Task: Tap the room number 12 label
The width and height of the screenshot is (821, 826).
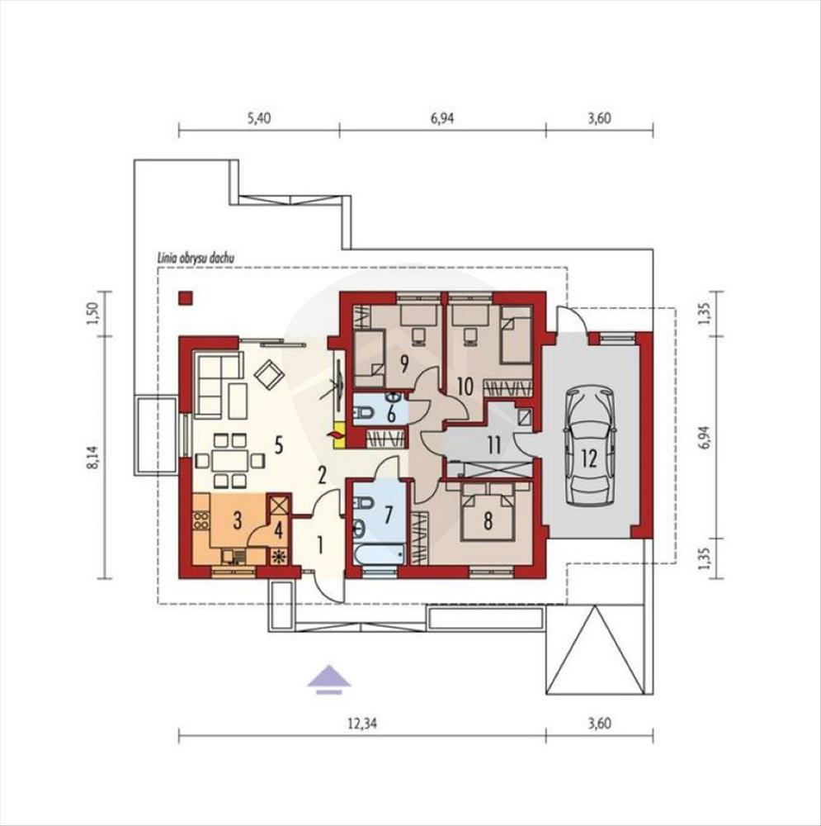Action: click(x=589, y=458)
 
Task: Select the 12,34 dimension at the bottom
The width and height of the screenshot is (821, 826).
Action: click(x=362, y=724)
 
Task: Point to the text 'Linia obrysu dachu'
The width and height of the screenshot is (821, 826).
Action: click(x=196, y=258)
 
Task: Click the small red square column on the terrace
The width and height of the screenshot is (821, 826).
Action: click(x=185, y=298)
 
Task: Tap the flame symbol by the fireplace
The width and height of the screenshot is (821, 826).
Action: click(x=335, y=434)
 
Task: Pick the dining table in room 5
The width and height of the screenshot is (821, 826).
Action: click(x=230, y=461)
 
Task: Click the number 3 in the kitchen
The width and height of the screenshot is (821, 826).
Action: click(x=238, y=521)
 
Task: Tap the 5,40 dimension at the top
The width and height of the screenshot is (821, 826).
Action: click(x=259, y=118)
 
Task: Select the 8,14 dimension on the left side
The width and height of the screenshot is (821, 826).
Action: click(x=94, y=456)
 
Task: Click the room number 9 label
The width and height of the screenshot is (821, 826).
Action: click(x=404, y=363)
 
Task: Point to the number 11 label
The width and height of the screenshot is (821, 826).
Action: click(x=493, y=446)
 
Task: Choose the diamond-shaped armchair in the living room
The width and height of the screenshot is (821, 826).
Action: click(x=270, y=374)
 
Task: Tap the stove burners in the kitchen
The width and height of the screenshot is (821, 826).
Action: click(x=201, y=520)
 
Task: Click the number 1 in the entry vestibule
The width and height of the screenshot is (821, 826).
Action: click(x=319, y=546)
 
